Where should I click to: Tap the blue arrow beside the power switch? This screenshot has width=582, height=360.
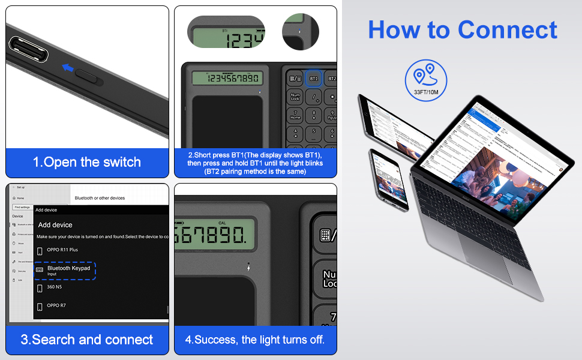(x=68, y=69)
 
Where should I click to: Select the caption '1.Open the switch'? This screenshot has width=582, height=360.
(x=87, y=162)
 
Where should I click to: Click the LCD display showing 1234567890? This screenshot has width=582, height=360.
(x=227, y=79)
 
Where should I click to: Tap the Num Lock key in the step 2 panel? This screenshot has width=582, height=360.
(x=295, y=97)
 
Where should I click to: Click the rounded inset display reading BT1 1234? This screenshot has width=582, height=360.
(x=226, y=33)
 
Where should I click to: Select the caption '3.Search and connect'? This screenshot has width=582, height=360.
(x=87, y=340)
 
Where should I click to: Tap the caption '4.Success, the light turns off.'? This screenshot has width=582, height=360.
(x=255, y=340)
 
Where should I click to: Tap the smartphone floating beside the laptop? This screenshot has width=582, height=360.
(x=388, y=179)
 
